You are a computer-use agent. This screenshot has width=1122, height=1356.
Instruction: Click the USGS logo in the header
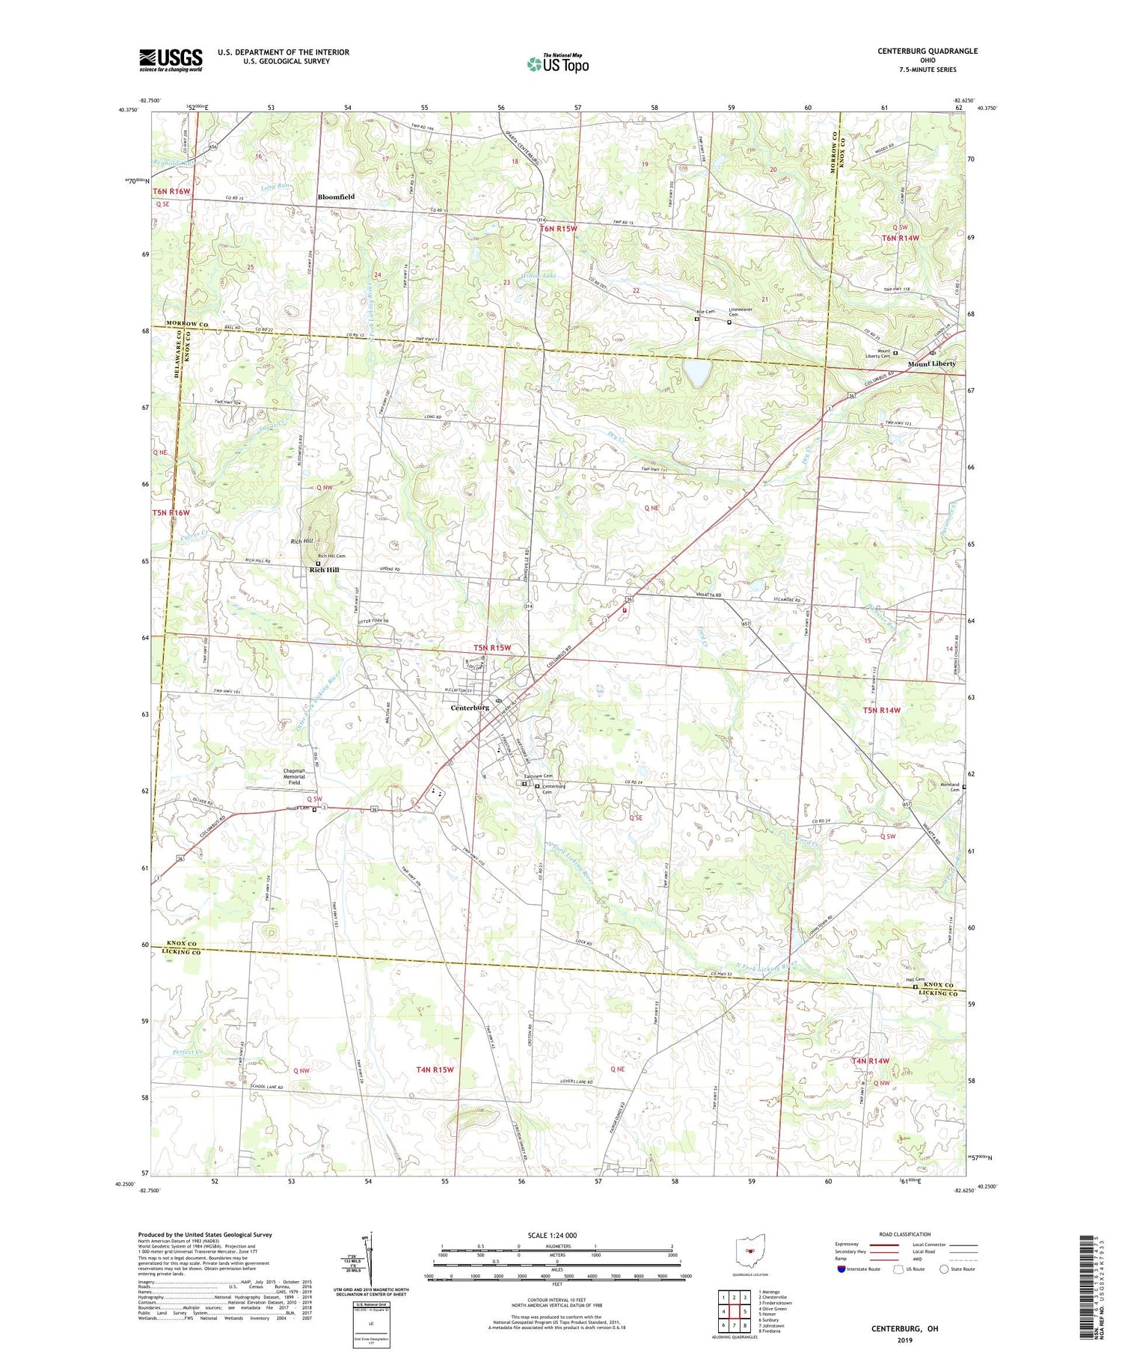[171, 60]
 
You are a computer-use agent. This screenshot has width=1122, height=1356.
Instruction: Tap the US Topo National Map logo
[557, 64]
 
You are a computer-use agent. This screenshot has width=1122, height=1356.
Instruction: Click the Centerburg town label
[469, 707]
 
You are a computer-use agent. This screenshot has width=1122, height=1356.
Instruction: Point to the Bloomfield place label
[336, 197]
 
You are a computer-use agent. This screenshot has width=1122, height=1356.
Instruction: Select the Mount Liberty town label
[931, 363]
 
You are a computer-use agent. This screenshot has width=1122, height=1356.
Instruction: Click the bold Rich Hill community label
[324, 570]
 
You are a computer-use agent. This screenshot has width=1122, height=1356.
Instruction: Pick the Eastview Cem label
[538, 776]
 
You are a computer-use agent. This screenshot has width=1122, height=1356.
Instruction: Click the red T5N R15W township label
[491, 647]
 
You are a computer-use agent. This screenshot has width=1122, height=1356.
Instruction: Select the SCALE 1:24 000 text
[554, 1235]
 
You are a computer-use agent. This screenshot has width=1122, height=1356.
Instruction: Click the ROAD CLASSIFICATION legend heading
[905, 1234]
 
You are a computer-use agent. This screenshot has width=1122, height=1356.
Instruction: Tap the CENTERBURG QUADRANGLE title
[917, 51]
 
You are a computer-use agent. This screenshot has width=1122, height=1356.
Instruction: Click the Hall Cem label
[916, 980]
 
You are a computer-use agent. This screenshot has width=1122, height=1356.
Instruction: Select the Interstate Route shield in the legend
[841, 1269]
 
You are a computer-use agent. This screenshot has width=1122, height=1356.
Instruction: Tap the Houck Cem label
[298, 808]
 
